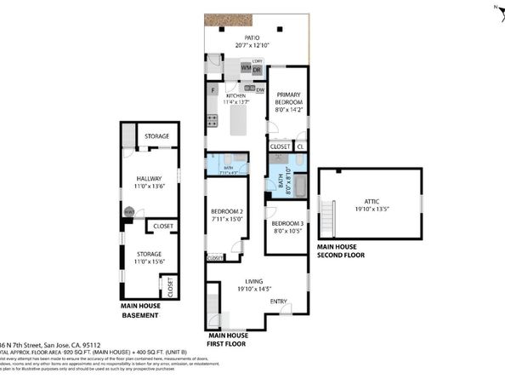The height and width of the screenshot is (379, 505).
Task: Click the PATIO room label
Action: click(253, 38)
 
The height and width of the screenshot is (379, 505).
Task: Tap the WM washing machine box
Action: click(245, 68)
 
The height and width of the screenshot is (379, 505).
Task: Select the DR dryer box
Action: click(256, 68)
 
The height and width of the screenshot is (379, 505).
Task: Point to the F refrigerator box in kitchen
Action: click(213, 89)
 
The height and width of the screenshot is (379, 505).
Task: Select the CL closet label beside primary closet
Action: click(301, 146)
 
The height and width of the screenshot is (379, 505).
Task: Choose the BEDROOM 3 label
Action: click(287, 223)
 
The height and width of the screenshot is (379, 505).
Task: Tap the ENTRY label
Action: click(279, 301)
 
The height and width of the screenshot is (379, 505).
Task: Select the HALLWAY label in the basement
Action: click(149, 178)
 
